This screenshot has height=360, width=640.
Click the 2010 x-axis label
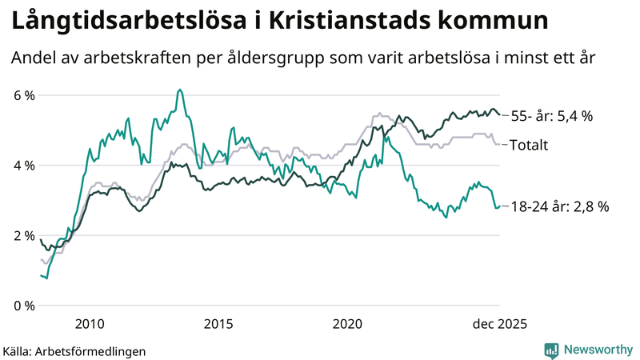(89, 323)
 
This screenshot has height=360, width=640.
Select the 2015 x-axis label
(218, 323)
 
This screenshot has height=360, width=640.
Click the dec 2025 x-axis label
(498, 323)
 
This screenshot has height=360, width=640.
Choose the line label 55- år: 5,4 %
(551, 117)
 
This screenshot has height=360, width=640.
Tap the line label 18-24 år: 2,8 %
(559, 206)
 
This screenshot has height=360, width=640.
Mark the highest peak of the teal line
(180, 90)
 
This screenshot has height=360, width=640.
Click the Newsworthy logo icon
(551, 350)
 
